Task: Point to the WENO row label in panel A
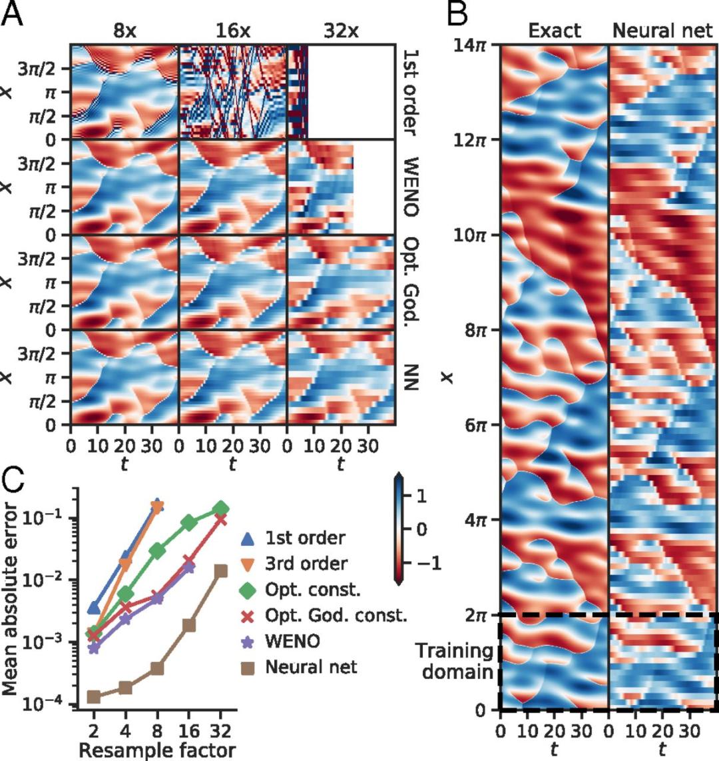click(411, 187)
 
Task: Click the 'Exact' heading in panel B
click(555, 31)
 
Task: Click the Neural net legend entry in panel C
click(311, 666)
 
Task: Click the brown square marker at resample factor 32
click(220, 570)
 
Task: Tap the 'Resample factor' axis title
click(157, 750)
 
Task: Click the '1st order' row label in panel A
click(411, 92)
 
